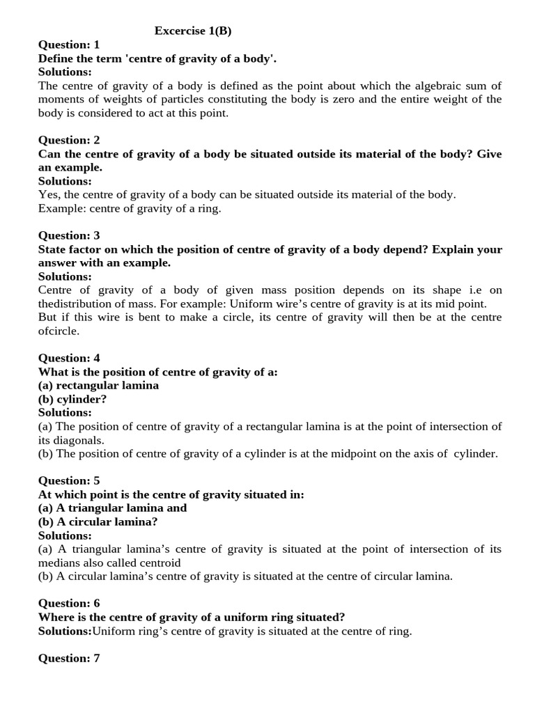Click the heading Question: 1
pyautogui.click(x=69, y=45)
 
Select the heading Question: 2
pyautogui.click(x=69, y=140)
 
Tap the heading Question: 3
pyautogui.click(x=69, y=235)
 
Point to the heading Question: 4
pyautogui.click(x=69, y=358)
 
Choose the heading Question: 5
pyautogui.click(x=69, y=480)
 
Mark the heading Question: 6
pyautogui.click(x=69, y=603)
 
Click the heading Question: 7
pyautogui.click(x=69, y=658)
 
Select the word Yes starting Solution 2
pyautogui.click(x=48, y=195)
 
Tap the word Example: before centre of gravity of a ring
pyautogui.click(x=61, y=208)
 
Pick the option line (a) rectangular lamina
pyautogui.click(x=98, y=385)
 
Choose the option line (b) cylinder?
pyautogui.click(x=72, y=399)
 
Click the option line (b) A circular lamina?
pyautogui.click(x=98, y=522)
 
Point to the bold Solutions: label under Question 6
pyautogui.click(x=65, y=631)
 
